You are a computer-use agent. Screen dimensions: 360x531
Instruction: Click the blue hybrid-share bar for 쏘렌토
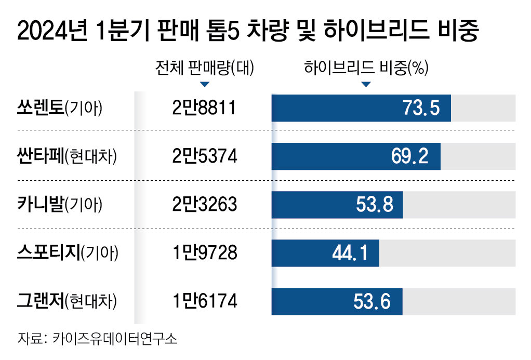(361, 108)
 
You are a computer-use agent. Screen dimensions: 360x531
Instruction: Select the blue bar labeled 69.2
(356, 156)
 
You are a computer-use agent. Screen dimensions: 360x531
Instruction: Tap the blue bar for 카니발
(337, 205)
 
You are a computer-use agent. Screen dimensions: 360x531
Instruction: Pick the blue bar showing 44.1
(325, 253)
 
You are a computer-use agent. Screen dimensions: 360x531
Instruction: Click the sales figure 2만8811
(204, 108)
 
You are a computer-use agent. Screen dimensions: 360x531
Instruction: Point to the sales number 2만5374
(204, 156)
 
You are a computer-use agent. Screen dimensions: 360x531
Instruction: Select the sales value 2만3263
(204, 205)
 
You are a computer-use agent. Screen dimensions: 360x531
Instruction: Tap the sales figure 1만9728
(204, 253)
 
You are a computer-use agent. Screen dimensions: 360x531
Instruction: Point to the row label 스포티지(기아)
(68, 253)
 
